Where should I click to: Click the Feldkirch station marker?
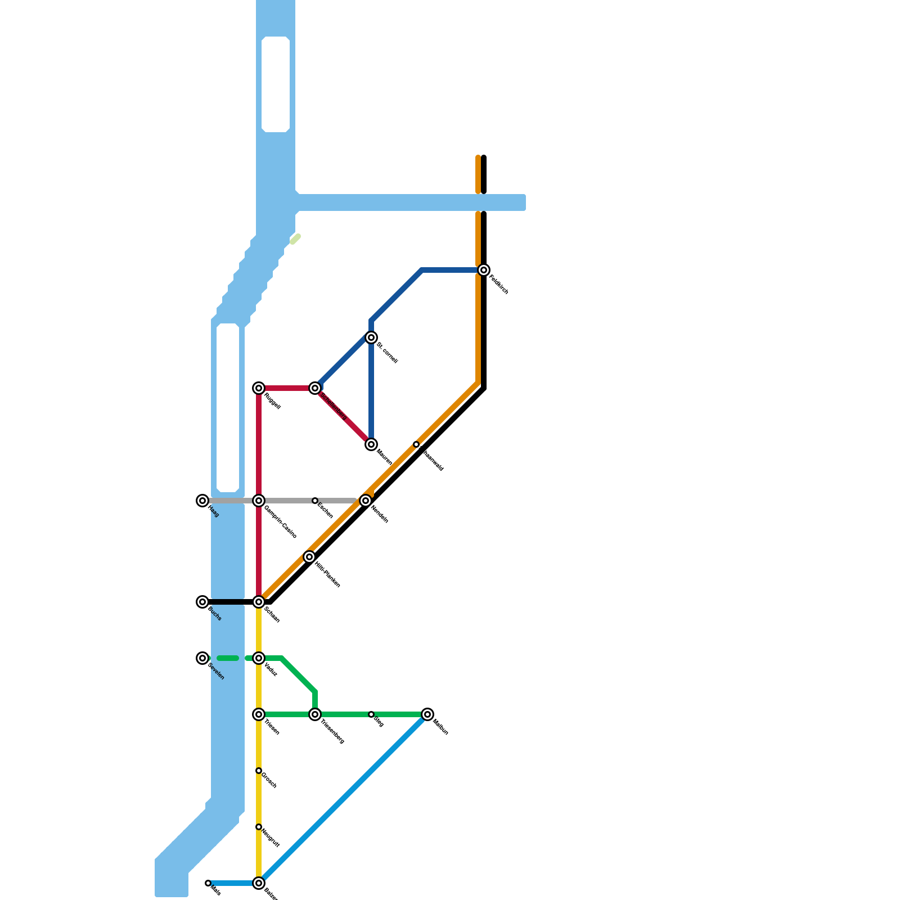pos(484,270)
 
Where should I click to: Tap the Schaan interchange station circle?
pos(259,602)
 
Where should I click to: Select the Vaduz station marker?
pos(259,658)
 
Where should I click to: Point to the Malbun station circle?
pos(427,714)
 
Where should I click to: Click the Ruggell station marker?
pos(259,388)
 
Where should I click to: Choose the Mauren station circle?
pos(371,444)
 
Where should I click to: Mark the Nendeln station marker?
pos(366,501)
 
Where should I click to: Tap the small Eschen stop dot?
pos(315,501)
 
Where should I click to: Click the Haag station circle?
pos(202,501)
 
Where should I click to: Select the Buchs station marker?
pos(202,602)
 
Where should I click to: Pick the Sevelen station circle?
pos(202,658)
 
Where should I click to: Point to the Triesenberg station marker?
pos(315,714)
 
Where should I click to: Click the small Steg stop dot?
pos(371,714)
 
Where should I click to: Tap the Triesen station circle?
pos(259,714)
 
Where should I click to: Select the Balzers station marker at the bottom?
pos(259,883)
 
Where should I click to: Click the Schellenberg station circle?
pos(315,388)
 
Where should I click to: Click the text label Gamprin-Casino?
pos(280,522)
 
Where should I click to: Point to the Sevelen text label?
pos(216,672)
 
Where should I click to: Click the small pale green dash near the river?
pos(295,240)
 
